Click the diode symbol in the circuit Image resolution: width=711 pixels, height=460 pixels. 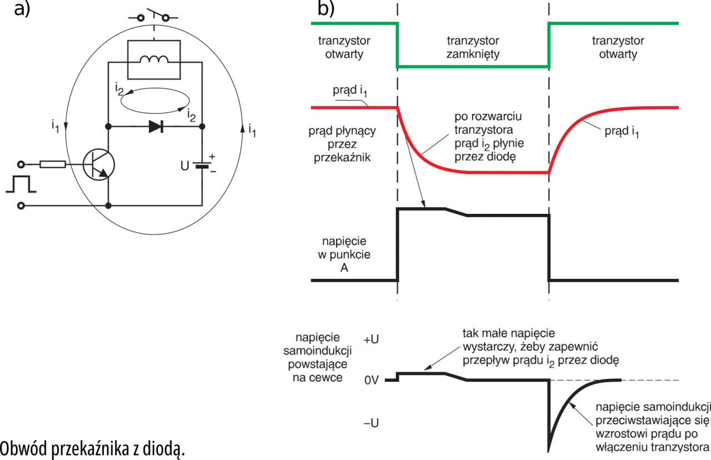pyautogui.click(x=156, y=127)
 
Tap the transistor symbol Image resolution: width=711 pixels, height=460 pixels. pyautogui.click(x=99, y=165)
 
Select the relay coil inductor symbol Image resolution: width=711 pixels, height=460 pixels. pyautogui.click(x=154, y=59)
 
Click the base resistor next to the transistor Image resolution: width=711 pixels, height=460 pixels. pyautogui.click(x=53, y=164)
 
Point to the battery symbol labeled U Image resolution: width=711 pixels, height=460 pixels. pyautogui.click(x=202, y=165)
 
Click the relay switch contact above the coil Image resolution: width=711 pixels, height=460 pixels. pyautogui.click(x=153, y=16)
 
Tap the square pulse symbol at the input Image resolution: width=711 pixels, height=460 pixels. pyautogui.click(x=21, y=184)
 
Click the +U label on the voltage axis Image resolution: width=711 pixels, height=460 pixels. pyautogui.click(x=371, y=339)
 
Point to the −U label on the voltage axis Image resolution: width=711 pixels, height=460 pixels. pyautogui.click(x=371, y=423)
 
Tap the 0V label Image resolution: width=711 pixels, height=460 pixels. pyautogui.click(x=372, y=380)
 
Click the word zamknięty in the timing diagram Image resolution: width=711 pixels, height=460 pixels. pyautogui.click(x=473, y=54)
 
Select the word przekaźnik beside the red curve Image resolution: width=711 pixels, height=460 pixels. pyautogui.click(x=342, y=158)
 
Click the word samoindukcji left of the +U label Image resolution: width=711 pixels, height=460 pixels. pyautogui.click(x=317, y=351)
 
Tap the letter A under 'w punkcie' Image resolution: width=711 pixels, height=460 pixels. pyautogui.click(x=344, y=268)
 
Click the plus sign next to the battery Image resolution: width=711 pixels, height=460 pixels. pyautogui.click(x=212, y=156)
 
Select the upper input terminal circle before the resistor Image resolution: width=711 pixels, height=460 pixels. pyautogui.click(x=21, y=164)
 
